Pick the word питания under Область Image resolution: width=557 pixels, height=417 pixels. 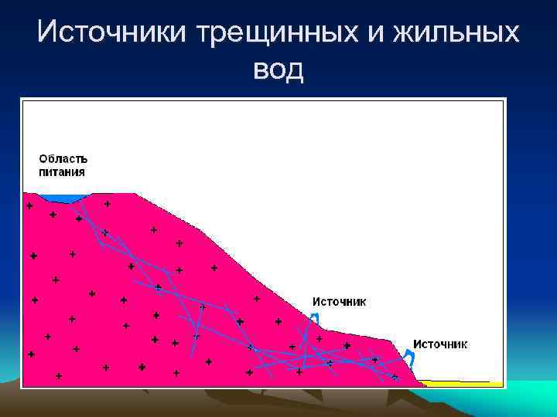(62, 172)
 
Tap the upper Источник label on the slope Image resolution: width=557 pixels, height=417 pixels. (339, 302)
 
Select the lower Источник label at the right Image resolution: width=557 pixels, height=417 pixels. (439, 344)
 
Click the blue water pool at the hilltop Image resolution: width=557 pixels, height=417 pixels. (68, 198)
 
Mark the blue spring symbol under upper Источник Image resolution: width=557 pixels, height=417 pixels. (314, 319)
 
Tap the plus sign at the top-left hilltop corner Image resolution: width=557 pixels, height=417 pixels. (29, 206)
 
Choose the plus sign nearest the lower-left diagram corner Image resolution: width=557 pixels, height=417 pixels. (59, 376)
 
